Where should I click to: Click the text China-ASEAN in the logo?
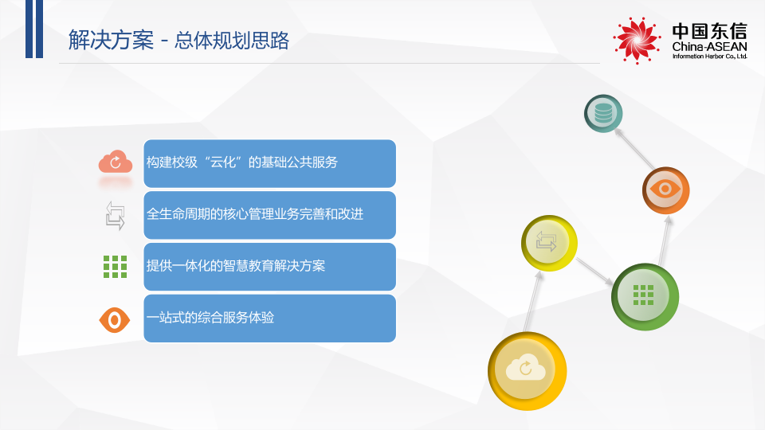point(709,49)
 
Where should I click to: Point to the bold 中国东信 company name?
point(709,31)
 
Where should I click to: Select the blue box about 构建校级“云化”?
point(269,163)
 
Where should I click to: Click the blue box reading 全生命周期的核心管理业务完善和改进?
point(269,215)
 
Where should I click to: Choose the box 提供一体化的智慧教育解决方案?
point(269,267)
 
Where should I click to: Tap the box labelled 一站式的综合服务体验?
point(269,319)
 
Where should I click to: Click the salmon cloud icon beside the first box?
point(115,162)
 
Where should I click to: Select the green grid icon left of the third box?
point(115,267)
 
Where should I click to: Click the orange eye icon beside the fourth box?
point(115,319)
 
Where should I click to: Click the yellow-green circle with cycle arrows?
point(548,242)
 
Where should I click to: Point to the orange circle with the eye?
point(665,190)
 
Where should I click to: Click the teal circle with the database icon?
point(603,113)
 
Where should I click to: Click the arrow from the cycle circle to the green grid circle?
point(594,271)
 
